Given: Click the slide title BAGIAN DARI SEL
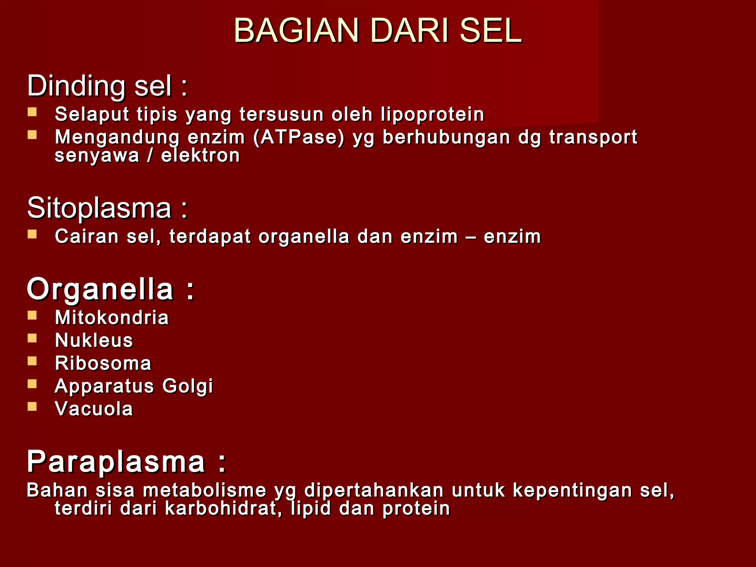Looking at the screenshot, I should (x=378, y=31).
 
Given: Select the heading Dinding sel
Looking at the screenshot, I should (x=107, y=86).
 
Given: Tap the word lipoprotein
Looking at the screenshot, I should (x=432, y=114).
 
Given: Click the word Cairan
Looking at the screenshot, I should (x=87, y=236).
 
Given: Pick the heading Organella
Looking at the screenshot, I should (x=110, y=289).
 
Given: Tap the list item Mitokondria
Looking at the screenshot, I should (x=111, y=317).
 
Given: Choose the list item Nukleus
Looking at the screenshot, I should (x=94, y=340).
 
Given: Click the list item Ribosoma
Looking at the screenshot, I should (x=103, y=363).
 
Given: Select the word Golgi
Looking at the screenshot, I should (x=188, y=386).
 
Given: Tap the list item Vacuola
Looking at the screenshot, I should (x=94, y=409).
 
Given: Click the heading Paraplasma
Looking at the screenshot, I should (x=126, y=462).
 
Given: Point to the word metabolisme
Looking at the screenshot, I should (x=205, y=490).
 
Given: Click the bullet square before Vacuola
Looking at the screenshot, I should (x=32, y=406).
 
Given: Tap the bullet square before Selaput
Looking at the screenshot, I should (x=32, y=112).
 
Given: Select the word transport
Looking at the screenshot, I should (x=593, y=138).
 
